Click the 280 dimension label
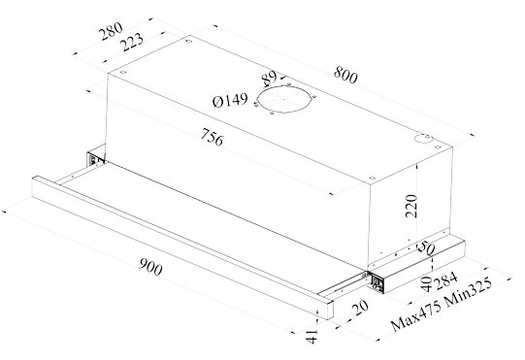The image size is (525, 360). (111, 31)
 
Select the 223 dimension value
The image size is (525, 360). (132, 42)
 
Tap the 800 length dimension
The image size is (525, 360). (345, 75)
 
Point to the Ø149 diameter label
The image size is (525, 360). (230, 100)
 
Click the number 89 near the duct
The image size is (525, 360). (270, 78)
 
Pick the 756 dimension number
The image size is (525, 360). (212, 137)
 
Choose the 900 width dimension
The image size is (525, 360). (150, 267)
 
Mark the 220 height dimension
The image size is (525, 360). (411, 206)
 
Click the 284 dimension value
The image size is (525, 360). (446, 280)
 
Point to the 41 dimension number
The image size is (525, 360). (312, 336)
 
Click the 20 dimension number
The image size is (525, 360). (361, 308)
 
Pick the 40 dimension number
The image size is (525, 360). (426, 284)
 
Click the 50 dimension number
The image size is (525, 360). (426, 247)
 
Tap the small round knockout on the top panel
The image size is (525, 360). (423, 139)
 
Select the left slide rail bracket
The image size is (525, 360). (95, 159)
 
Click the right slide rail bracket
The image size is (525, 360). (376, 282)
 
